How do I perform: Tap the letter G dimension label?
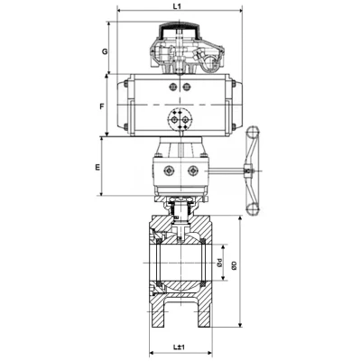click(x=106, y=51)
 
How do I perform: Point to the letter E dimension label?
click(x=97, y=169)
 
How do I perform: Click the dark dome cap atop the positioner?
click(x=178, y=35)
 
